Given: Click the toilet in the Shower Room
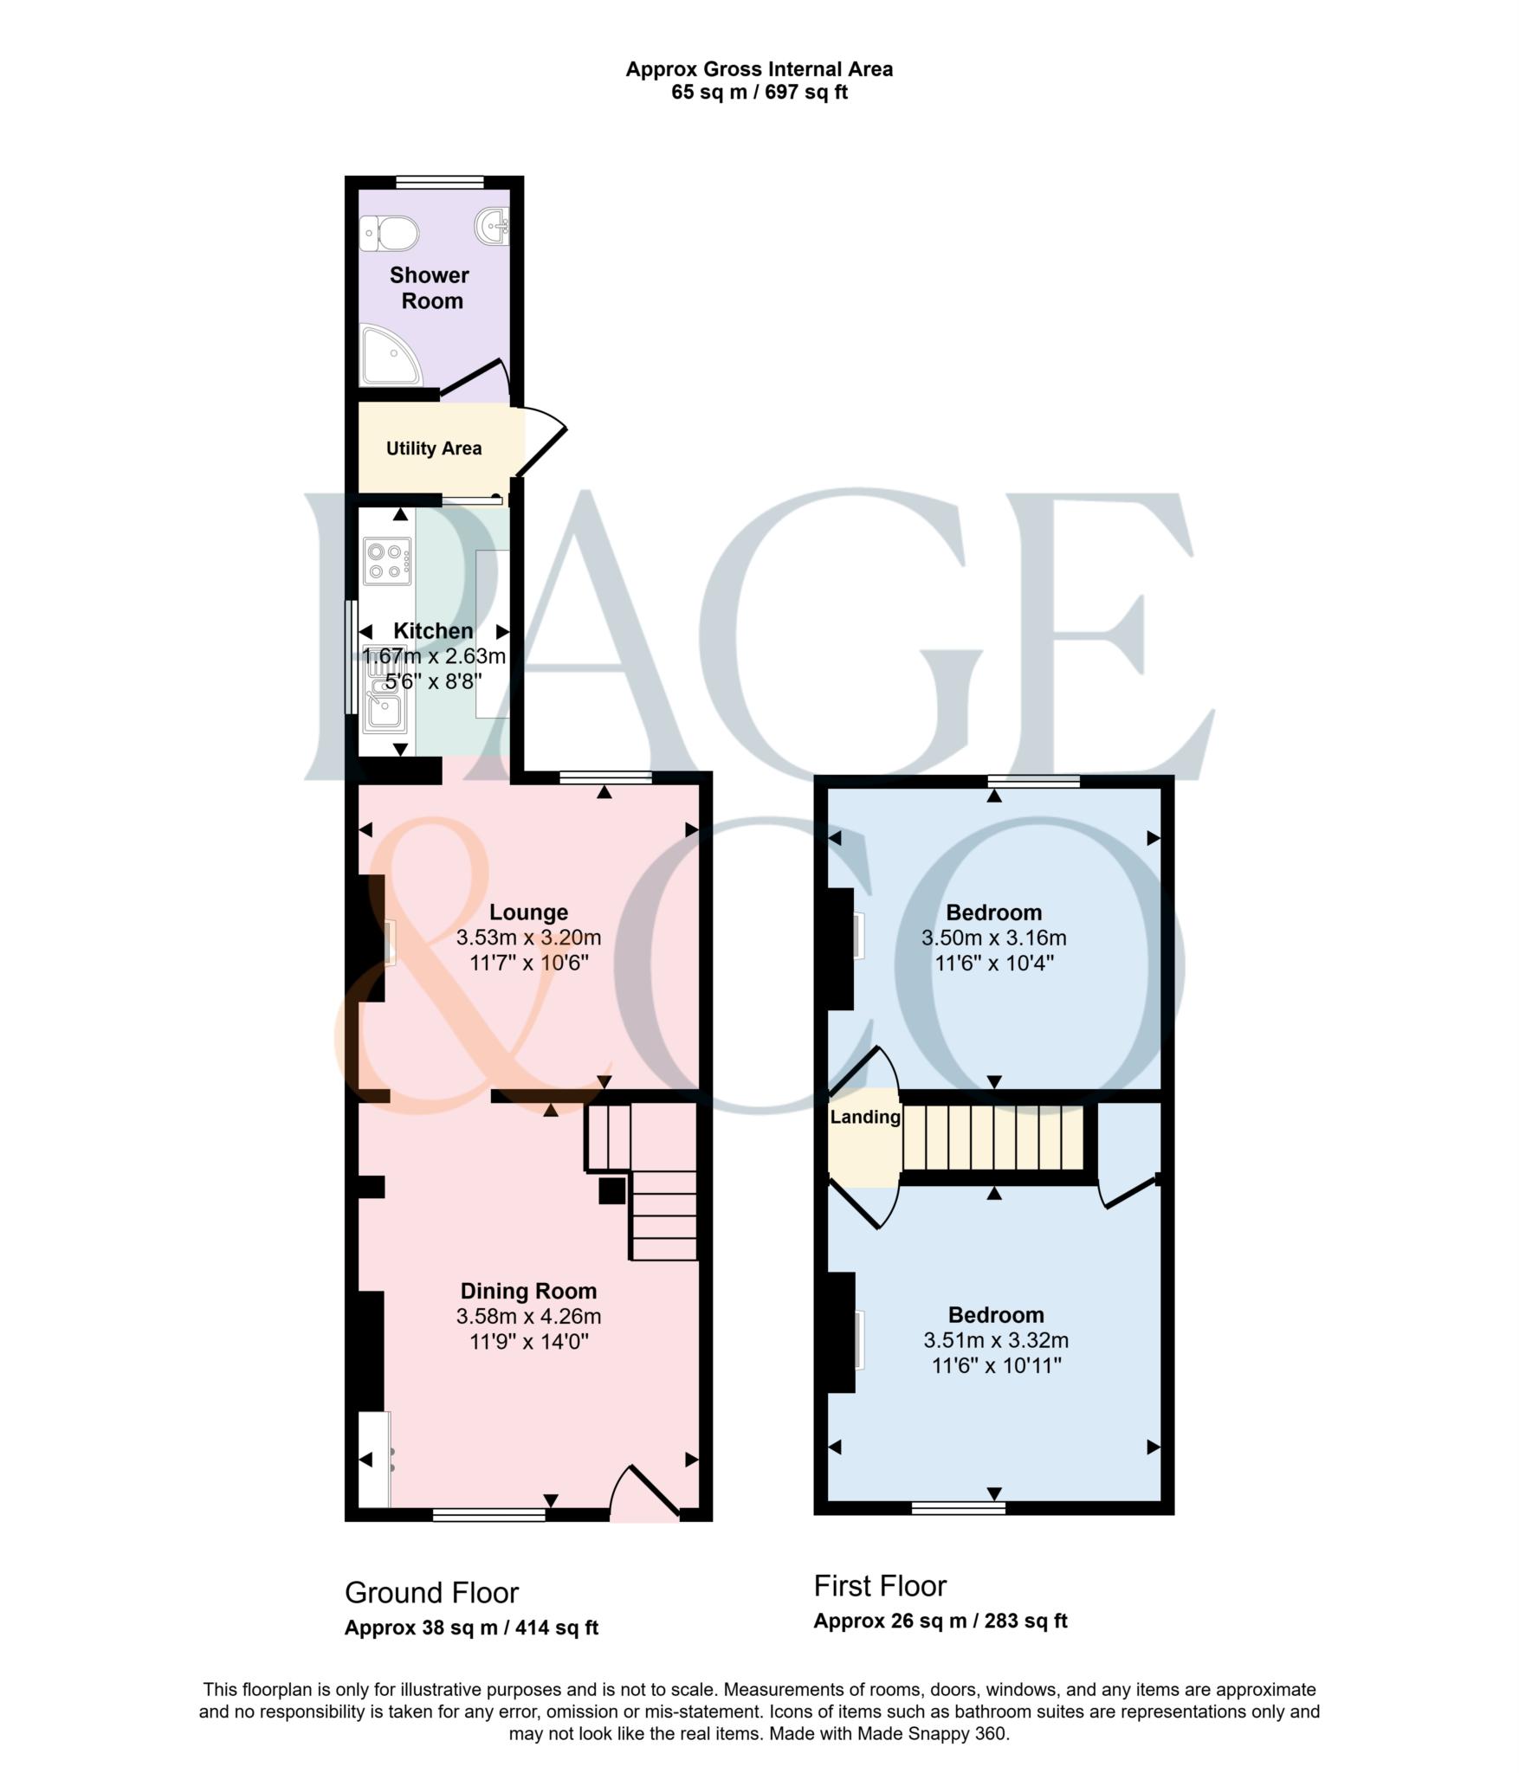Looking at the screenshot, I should tap(390, 234).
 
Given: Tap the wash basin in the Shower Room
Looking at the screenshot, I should tap(493, 227).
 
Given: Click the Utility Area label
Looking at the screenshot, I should tap(434, 448).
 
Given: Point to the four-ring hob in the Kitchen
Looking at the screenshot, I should tap(387, 561).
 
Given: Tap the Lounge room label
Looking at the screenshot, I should tap(528, 912).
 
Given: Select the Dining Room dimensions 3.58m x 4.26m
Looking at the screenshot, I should tap(528, 1317).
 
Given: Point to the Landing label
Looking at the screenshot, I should tap(865, 1118).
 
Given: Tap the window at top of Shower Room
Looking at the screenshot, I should tap(440, 183).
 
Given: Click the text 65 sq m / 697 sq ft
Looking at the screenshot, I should tap(759, 93).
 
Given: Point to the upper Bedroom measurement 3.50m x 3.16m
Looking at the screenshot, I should tap(993, 938).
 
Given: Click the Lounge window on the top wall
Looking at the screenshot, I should tap(605, 777).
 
